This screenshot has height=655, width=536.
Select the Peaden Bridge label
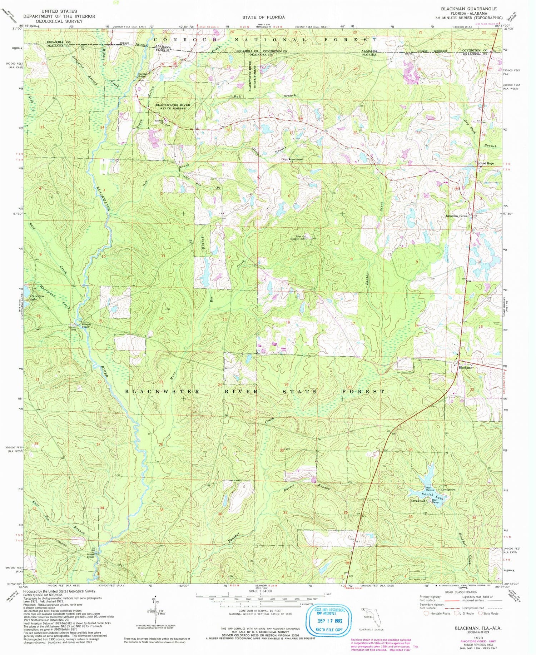pos(90,555)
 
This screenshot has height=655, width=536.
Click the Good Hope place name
pos(486,163)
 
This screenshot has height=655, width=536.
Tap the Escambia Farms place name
pos(456,216)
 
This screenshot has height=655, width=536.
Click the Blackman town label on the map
pos(466,367)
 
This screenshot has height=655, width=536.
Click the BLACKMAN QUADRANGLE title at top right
pos(468,9)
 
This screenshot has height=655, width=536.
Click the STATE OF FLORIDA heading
pos(263,17)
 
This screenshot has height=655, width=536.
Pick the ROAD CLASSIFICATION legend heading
pos(461,592)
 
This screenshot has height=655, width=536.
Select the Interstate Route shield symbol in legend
pos(426,613)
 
